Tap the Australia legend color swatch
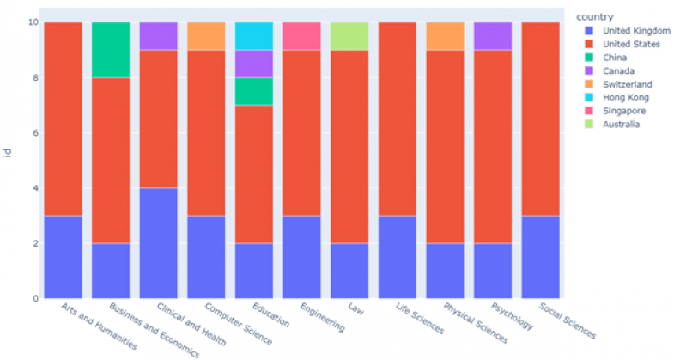(x=586, y=125)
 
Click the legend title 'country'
(x=594, y=16)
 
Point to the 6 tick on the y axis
(x=34, y=133)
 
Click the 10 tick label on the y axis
(x=33, y=22)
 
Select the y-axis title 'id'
(x=9, y=155)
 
